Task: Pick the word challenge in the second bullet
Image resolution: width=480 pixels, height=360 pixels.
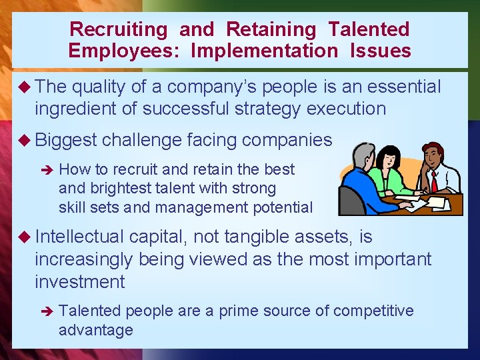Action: (142, 140)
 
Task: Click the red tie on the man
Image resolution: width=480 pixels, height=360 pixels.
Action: (433, 181)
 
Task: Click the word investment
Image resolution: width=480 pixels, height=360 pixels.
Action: (79, 281)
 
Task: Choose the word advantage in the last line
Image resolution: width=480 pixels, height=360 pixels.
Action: (95, 330)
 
